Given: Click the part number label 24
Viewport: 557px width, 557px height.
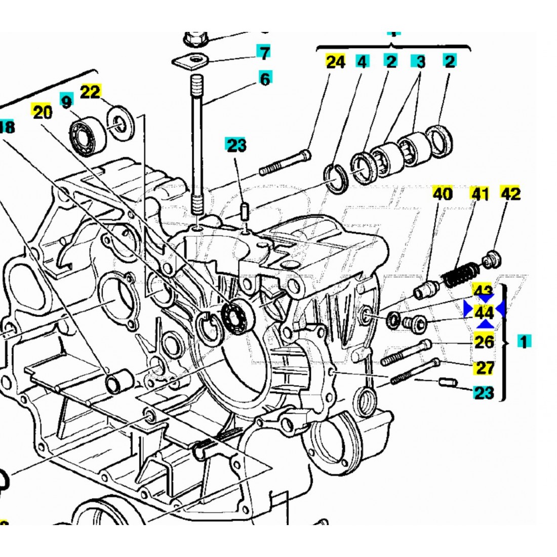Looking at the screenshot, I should (335, 62).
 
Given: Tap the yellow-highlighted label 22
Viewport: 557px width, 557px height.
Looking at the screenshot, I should (91, 92).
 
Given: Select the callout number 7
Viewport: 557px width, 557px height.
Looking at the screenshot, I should (263, 52).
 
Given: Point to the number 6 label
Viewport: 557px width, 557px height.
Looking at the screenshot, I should (265, 78).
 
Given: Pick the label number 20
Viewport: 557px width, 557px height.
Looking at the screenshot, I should (43, 112).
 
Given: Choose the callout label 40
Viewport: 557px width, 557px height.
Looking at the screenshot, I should (443, 193).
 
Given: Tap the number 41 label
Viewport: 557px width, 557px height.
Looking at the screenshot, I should (481, 193).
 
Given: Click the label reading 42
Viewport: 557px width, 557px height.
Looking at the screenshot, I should (510, 193).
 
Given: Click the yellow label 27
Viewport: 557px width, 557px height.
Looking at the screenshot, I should (485, 367).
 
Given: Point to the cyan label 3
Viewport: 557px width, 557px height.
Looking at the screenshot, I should (420, 62).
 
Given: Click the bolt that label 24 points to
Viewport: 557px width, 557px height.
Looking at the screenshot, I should (285, 163).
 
